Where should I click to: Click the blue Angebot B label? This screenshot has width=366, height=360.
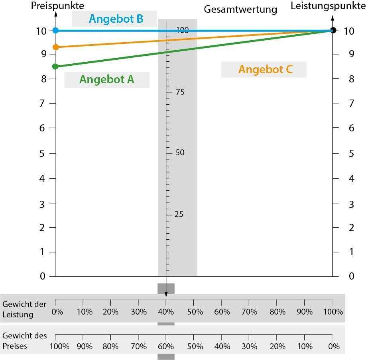(x=116, y=19)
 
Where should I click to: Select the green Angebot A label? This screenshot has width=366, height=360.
(x=107, y=80)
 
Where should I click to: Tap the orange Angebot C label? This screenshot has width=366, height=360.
(x=265, y=69)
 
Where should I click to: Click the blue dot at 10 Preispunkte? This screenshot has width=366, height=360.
(x=55, y=30)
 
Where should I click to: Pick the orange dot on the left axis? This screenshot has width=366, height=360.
(x=55, y=47)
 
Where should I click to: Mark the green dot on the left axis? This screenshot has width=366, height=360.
(x=55, y=67)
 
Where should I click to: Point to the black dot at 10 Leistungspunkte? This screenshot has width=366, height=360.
(x=333, y=30)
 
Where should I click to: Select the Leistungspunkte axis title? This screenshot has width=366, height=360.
(x=327, y=6)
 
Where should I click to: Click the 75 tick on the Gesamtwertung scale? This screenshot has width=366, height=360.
(x=180, y=92)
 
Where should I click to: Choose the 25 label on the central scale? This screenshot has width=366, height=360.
(x=179, y=215)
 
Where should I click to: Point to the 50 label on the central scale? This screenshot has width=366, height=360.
(x=180, y=153)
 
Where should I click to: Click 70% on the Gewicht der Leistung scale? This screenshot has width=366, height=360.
(x=250, y=311)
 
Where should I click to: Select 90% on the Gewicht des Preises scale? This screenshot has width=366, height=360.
(x=85, y=346)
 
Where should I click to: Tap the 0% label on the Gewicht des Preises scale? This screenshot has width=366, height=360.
(x=334, y=346)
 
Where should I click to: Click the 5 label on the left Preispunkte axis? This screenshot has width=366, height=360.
(x=43, y=153)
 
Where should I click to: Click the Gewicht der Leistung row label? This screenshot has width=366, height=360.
(x=24, y=309)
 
